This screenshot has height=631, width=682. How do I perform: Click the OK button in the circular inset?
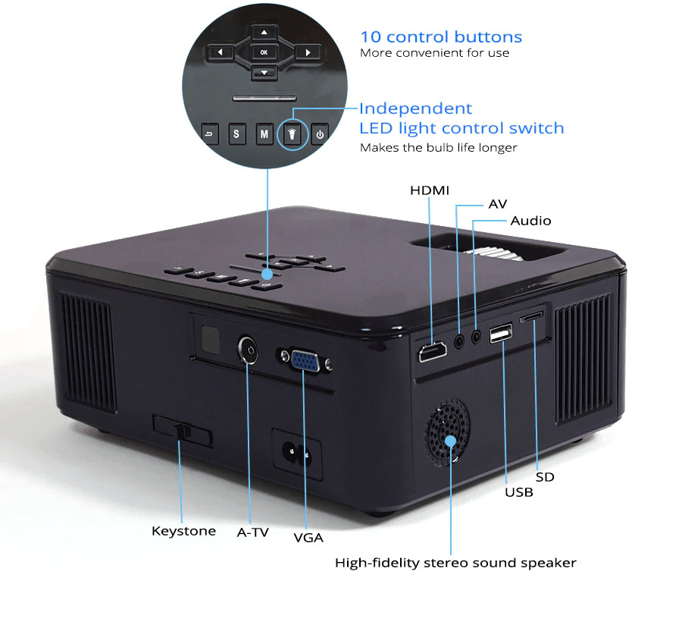point(264,52)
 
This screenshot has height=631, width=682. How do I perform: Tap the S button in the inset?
point(236,134)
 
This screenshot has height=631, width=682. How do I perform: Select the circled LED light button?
point(292,134)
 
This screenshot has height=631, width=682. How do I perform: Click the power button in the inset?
point(320,134)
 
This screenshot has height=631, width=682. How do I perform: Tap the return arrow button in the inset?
point(209,134)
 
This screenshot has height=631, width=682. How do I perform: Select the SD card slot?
point(531,315)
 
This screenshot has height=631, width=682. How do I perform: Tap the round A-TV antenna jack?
point(248,349)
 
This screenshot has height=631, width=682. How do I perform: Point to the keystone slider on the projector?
point(182,431)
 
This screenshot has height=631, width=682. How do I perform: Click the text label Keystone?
point(183,531)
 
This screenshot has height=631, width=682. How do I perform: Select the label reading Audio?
point(530,221)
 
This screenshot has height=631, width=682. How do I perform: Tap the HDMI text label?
point(430,190)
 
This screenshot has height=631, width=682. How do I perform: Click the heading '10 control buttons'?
point(440,36)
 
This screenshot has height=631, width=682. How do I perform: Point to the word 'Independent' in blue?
point(415,108)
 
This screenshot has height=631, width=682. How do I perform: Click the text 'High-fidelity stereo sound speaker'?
point(455,563)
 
